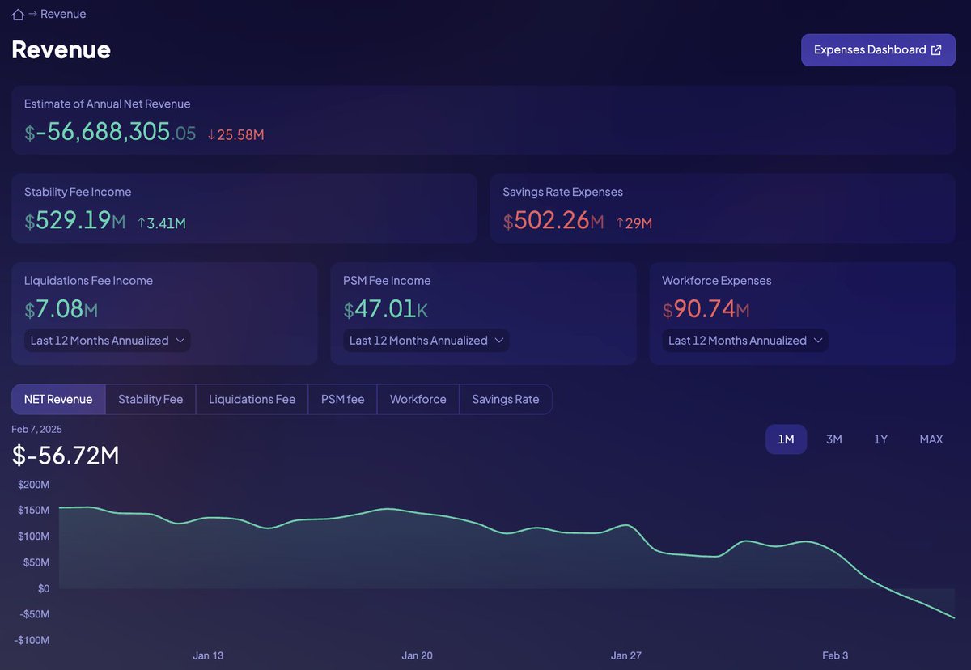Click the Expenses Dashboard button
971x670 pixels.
click(x=878, y=50)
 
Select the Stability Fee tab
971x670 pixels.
click(x=151, y=400)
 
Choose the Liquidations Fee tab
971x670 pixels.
click(x=252, y=400)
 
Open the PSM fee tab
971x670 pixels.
click(x=342, y=400)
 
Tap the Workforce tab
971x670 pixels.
click(x=418, y=400)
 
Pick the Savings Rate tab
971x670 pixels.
click(x=505, y=400)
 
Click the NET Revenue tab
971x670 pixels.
click(x=58, y=400)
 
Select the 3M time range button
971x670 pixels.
click(x=833, y=439)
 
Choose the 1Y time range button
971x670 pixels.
click(x=880, y=439)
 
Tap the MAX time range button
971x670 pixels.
click(x=931, y=439)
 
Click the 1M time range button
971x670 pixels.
click(x=786, y=439)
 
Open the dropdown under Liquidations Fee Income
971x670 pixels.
click(x=108, y=341)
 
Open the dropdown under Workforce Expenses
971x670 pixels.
click(x=745, y=341)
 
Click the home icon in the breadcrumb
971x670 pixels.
click(x=18, y=15)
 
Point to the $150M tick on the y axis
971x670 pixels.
click(x=33, y=511)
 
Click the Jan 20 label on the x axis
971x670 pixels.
click(x=417, y=655)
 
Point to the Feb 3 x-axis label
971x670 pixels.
click(x=835, y=655)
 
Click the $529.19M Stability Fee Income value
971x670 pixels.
click(x=74, y=221)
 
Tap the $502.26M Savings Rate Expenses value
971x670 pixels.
click(x=553, y=221)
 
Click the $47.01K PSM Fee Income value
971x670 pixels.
click(x=385, y=310)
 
